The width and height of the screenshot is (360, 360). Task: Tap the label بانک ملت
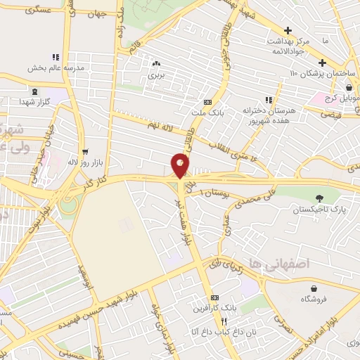[x=205, y=112]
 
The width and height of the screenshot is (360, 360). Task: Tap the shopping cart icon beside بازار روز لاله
[x=86, y=151]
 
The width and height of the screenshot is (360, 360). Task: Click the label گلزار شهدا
[x=34, y=102]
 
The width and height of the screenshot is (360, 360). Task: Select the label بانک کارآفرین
[x=214, y=308]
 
